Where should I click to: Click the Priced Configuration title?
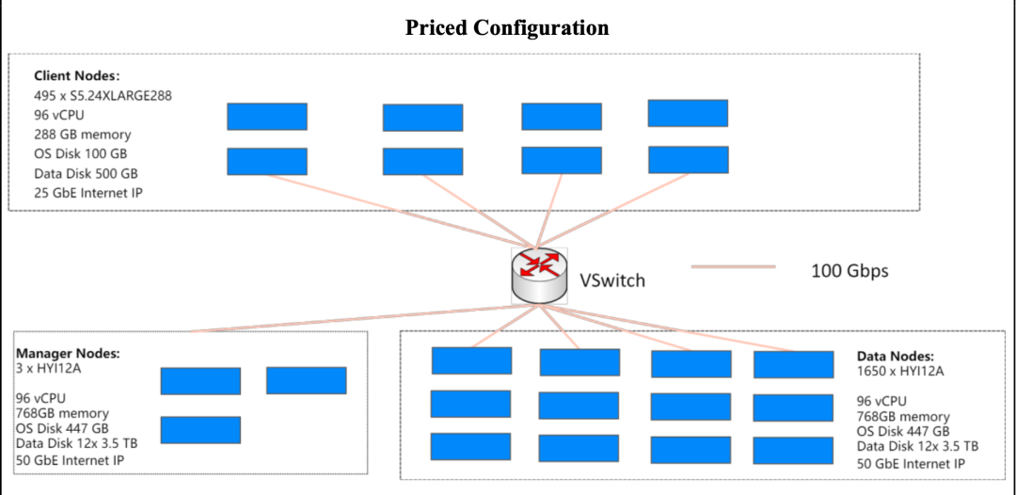coord(507,28)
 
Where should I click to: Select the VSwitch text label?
coord(612,280)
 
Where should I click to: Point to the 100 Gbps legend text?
coord(849,271)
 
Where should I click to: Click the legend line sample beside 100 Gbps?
coord(733,267)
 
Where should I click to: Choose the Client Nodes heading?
coord(77,75)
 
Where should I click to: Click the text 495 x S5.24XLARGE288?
coord(103,95)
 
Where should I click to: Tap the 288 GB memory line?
coord(83,135)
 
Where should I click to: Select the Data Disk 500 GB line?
coord(86,174)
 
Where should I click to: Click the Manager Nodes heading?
coord(69,354)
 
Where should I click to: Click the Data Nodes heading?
coord(895,357)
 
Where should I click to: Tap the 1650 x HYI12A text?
coord(900,371)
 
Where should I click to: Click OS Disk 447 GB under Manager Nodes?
coord(62,428)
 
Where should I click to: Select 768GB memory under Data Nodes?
coord(903,417)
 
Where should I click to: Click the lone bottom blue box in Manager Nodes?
coord(200,430)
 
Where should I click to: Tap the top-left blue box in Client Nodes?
coord(267,117)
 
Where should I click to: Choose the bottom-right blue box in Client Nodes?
coord(689,160)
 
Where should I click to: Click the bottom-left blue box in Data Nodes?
coord(471,446)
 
